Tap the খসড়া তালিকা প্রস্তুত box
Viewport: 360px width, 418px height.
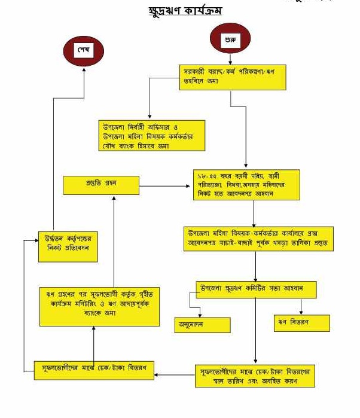[258, 237]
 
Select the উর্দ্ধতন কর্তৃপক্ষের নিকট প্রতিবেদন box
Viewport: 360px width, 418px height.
[68, 245]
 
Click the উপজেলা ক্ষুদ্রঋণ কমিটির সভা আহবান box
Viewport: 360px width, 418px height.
[256, 289]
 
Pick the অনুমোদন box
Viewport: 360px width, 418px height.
[202, 325]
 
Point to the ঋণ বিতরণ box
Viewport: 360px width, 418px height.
[301, 323]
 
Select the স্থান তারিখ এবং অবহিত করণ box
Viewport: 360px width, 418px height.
[255, 375]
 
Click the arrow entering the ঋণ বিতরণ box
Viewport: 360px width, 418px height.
[301, 310]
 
